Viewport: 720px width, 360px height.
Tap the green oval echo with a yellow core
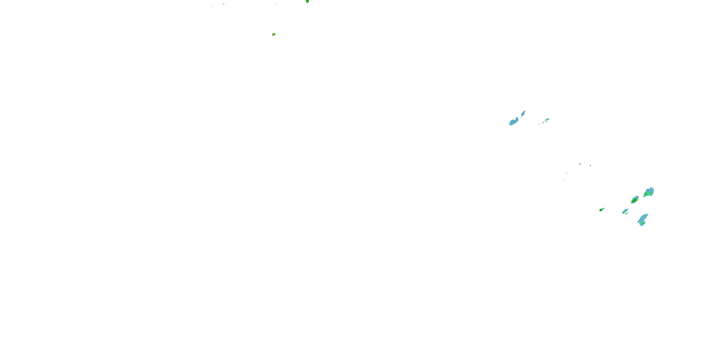point(635,200)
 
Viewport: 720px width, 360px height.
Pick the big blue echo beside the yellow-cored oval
point(648,192)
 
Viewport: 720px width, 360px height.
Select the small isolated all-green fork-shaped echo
point(601,210)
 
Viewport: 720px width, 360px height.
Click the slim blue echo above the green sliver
point(625,211)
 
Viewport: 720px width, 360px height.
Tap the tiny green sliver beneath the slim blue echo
point(627,214)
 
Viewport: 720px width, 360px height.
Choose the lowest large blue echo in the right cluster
point(643,219)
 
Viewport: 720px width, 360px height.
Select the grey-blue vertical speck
point(590,165)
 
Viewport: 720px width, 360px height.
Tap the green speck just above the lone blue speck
point(567,173)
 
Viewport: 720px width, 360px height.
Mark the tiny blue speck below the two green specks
point(564,180)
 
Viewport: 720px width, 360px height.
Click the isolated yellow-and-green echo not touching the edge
point(274,34)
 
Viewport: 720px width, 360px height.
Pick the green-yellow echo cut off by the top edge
point(307,1)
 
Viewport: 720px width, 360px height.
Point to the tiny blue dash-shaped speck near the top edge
point(224,4)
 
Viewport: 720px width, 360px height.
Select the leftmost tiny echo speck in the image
point(212,6)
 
